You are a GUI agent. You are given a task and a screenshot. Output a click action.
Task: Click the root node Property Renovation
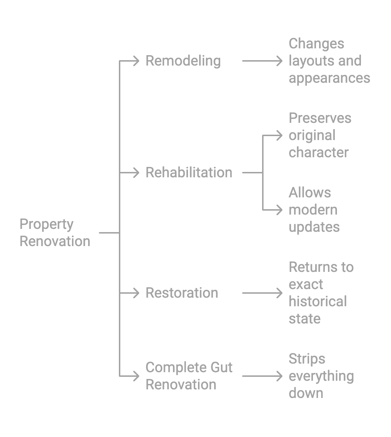55,233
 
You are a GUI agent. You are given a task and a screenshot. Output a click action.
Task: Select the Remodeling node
183,61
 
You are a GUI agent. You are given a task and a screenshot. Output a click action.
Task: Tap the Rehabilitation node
189,173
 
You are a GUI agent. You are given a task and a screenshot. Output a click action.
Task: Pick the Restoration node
182,293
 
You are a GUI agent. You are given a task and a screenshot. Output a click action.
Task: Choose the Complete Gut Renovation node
189,376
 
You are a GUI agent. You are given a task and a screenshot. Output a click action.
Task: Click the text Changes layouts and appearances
329,61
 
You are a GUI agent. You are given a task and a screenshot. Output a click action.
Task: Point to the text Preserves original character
320,135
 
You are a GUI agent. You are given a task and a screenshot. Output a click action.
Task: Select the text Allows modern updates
314,210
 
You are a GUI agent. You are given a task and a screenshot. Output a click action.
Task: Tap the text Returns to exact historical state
321,293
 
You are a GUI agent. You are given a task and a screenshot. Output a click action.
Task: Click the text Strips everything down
321,376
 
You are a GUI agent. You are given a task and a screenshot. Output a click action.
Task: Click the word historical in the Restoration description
318,302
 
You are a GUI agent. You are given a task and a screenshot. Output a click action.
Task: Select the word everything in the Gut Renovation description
321,376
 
